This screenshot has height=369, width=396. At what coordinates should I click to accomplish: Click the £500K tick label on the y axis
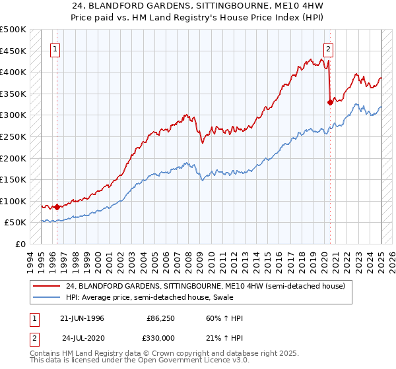[x=13, y=30]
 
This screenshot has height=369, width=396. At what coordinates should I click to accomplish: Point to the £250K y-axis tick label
[x=13, y=136]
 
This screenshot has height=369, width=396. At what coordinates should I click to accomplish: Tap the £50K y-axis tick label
[x=16, y=223]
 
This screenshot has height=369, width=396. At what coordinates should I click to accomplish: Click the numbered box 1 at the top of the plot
[x=56, y=48]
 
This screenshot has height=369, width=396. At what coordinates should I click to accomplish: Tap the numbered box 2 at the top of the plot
[x=328, y=48]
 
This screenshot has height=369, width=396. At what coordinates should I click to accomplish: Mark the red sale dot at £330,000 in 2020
[x=329, y=102]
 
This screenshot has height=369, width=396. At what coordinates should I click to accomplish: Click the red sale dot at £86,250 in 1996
[x=57, y=207]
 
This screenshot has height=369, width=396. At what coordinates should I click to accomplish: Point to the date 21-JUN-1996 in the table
[x=82, y=319]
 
